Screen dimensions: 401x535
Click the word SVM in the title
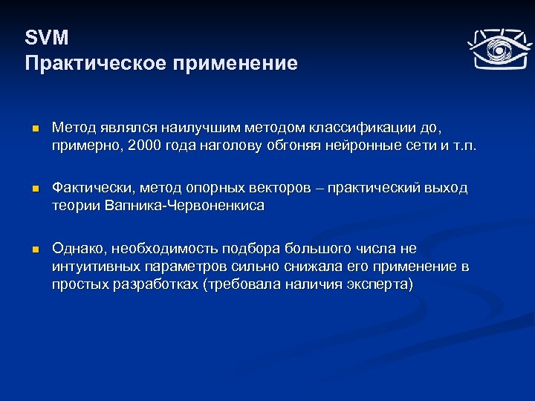tap(46, 38)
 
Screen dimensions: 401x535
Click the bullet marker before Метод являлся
tap(34, 130)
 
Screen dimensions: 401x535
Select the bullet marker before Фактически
tap(34, 189)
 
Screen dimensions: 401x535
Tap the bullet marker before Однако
tap(34, 250)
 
